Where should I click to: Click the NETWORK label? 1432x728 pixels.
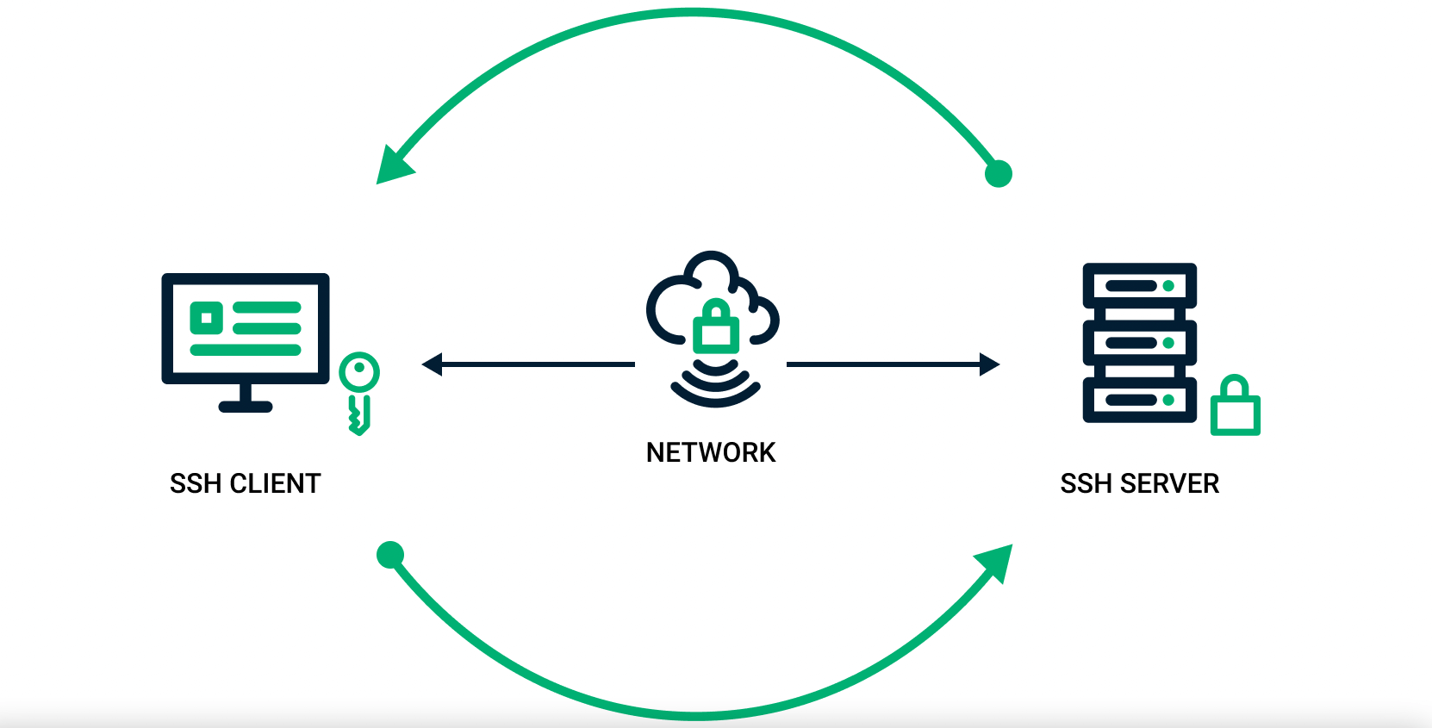coord(711,452)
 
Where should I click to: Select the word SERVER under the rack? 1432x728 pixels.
coord(1169,483)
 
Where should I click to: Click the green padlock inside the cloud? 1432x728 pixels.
coord(716,327)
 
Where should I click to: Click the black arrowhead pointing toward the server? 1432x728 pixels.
coord(989,364)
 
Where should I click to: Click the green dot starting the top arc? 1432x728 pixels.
coord(998,173)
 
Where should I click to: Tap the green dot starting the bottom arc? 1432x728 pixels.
coord(390,555)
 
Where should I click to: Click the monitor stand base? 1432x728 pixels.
coord(246,406)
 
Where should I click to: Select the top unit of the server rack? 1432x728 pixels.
coord(1139,285)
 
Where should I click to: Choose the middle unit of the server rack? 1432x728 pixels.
coord(1139,343)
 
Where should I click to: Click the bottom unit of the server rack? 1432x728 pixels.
coord(1139,400)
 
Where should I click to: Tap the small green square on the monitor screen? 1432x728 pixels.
coord(207,318)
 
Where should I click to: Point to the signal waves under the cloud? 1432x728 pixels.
coord(715,386)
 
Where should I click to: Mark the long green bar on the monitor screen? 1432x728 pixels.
coord(246,350)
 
